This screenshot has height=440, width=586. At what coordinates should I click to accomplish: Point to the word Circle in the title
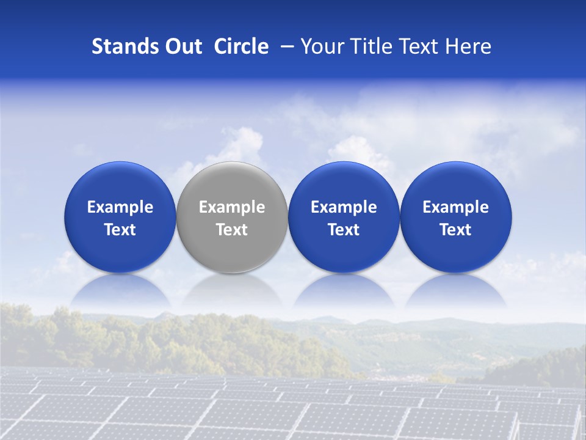241,46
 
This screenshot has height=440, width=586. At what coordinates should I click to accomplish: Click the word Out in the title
182,46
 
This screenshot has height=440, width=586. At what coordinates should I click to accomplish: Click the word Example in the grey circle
232,207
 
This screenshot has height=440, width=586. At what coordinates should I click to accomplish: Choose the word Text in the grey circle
232,230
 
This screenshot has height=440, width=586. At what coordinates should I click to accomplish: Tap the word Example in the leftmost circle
120,207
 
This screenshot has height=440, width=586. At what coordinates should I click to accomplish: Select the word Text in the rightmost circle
455,230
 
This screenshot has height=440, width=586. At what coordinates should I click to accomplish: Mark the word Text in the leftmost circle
120,230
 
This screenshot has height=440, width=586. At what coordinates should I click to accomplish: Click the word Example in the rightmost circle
455,207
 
